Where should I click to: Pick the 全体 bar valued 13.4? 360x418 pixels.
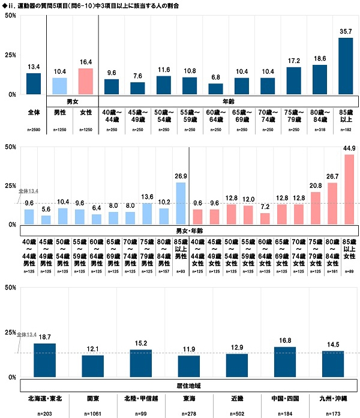34,83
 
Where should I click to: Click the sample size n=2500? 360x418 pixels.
34,130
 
